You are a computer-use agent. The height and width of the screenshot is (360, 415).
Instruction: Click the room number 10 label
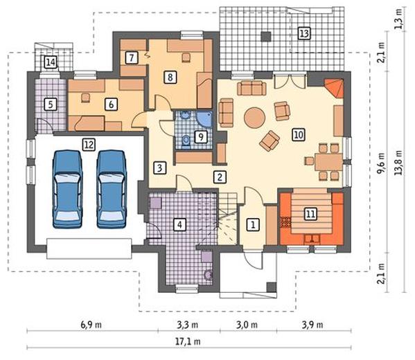click(x=299, y=134)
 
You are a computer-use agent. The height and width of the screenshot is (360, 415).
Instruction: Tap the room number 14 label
click(x=51, y=62)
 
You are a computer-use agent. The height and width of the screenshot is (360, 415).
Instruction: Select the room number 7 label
click(x=132, y=57)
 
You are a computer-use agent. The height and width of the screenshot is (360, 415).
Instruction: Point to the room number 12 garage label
click(x=89, y=145)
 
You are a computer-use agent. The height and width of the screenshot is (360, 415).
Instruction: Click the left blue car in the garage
click(x=67, y=189)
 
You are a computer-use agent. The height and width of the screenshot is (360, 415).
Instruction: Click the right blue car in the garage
click(x=111, y=189)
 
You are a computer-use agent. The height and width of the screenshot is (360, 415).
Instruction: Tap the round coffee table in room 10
click(x=254, y=118)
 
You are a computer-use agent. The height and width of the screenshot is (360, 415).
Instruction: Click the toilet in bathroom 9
click(x=186, y=140)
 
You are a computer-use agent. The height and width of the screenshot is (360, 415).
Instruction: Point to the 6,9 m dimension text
click(x=91, y=325)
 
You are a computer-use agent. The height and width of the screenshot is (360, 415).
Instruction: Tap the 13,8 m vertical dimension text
click(x=398, y=163)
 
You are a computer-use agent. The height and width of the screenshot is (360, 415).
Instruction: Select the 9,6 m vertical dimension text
click(x=381, y=163)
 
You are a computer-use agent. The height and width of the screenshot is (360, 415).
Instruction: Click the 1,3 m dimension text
click(x=399, y=19)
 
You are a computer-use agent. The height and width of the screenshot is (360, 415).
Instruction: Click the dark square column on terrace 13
click(x=266, y=37)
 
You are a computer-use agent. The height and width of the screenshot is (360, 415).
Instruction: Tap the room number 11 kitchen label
click(x=310, y=213)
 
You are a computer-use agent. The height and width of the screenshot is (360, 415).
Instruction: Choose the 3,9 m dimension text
click(x=312, y=325)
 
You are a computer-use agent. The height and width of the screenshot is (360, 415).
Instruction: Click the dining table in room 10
click(x=328, y=162)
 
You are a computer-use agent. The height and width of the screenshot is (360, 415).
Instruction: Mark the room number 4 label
click(x=179, y=224)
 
